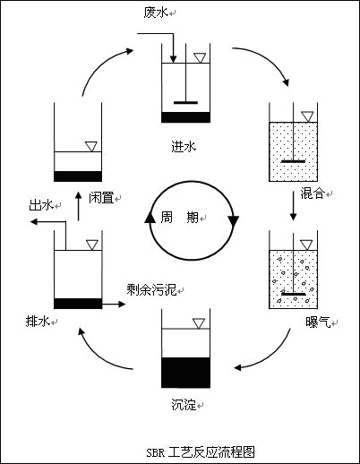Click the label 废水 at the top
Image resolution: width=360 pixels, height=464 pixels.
click(x=155, y=13)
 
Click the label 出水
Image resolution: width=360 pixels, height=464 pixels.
click(x=40, y=205)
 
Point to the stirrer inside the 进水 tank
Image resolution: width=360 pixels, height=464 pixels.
click(x=185, y=102)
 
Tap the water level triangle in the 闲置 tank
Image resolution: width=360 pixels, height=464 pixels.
click(x=90, y=146)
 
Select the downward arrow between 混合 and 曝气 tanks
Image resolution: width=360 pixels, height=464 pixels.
click(x=293, y=208)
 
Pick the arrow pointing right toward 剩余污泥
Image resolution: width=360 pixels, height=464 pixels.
click(x=113, y=304)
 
